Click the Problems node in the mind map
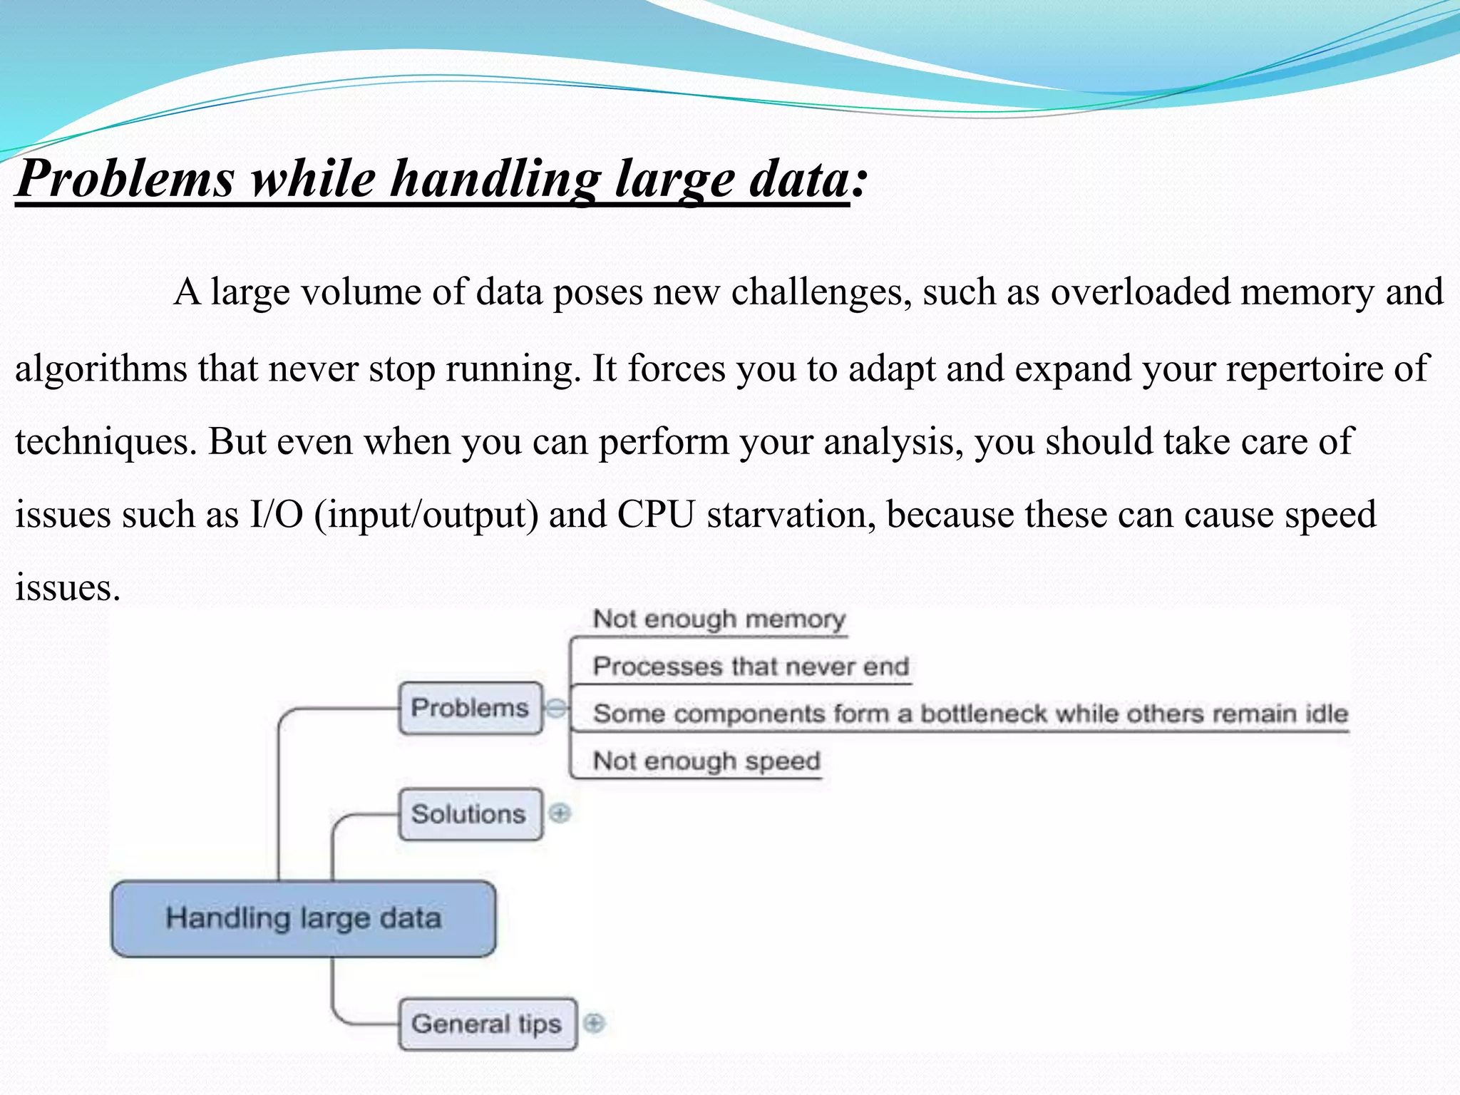[x=471, y=708]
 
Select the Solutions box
[x=469, y=813]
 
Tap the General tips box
[x=487, y=1024]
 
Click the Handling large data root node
[x=304, y=918]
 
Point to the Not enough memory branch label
[x=719, y=619]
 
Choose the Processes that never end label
[x=751, y=667]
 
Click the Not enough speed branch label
[x=706, y=761]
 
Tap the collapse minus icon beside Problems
[x=556, y=708]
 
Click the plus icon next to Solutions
[x=560, y=813]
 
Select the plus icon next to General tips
[x=594, y=1023]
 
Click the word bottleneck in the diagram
[x=982, y=714]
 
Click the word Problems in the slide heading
[x=125, y=178]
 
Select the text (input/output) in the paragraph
[x=426, y=515]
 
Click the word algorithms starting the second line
[x=101, y=369]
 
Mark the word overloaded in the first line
[x=1140, y=292]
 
